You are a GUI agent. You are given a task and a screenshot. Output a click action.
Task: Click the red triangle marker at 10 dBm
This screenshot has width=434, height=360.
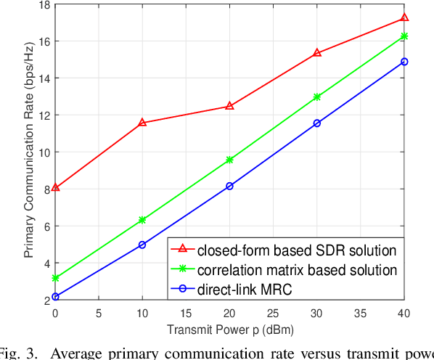tap(142, 123)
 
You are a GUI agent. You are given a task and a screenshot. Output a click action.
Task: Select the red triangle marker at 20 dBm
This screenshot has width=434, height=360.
tap(230, 106)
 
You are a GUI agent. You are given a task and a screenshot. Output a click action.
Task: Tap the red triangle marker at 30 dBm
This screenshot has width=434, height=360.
tap(317, 53)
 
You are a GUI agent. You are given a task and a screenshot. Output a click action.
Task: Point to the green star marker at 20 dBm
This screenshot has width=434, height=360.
tap(230, 160)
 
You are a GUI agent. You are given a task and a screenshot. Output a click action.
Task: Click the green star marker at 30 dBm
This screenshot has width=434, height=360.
tap(317, 97)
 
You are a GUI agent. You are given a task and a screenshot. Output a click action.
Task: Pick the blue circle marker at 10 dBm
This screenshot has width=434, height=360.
tap(142, 245)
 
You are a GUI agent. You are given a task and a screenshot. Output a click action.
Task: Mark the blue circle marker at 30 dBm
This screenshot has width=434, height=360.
tap(317, 123)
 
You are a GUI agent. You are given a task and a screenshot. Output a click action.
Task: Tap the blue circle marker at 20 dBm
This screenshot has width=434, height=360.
tap(230, 186)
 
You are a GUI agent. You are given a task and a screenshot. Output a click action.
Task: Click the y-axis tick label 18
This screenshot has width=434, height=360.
tap(44, 4)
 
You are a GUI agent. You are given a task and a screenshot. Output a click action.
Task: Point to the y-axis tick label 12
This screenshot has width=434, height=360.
tap(44, 115)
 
